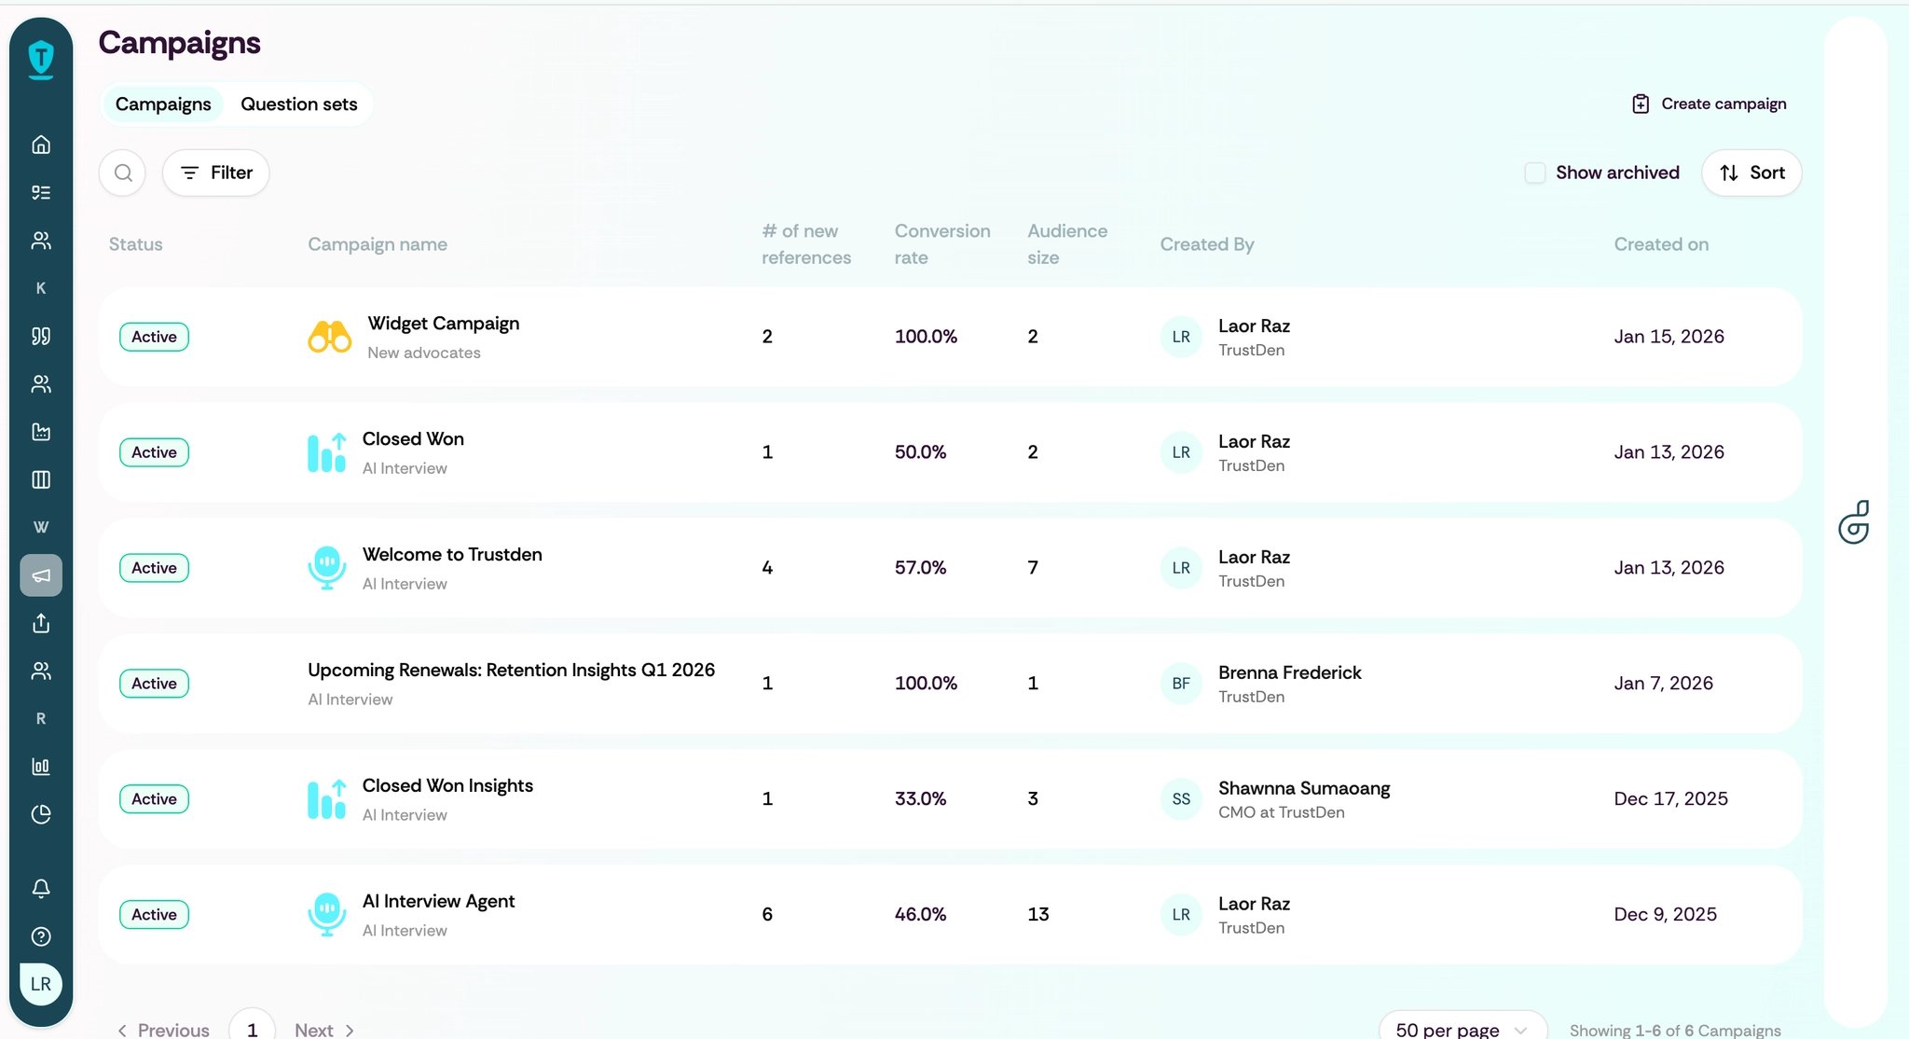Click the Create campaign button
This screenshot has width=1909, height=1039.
(1709, 104)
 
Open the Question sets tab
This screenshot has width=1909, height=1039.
(298, 104)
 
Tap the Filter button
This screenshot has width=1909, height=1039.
(216, 173)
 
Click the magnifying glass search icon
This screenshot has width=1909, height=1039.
(123, 173)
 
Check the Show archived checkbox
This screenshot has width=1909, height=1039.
(1535, 173)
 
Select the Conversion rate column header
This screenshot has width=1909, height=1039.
(942, 243)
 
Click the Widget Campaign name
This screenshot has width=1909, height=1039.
(444, 324)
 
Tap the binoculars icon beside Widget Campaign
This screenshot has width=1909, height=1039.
(330, 337)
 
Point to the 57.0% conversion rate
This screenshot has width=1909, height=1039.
(920, 567)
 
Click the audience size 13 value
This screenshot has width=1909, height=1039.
(1038, 914)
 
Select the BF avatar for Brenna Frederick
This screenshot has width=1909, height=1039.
(1181, 684)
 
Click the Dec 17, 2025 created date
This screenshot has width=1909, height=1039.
(1670, 798)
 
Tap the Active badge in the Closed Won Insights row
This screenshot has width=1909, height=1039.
(154, 799)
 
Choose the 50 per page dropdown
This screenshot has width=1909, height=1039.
(1463, 1029)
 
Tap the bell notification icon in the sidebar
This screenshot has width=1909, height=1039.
(41, 888)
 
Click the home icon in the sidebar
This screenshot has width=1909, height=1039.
(41, 145)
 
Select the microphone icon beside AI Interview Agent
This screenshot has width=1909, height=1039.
(326, 915)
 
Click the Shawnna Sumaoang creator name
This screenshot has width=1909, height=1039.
(1304, 788)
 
